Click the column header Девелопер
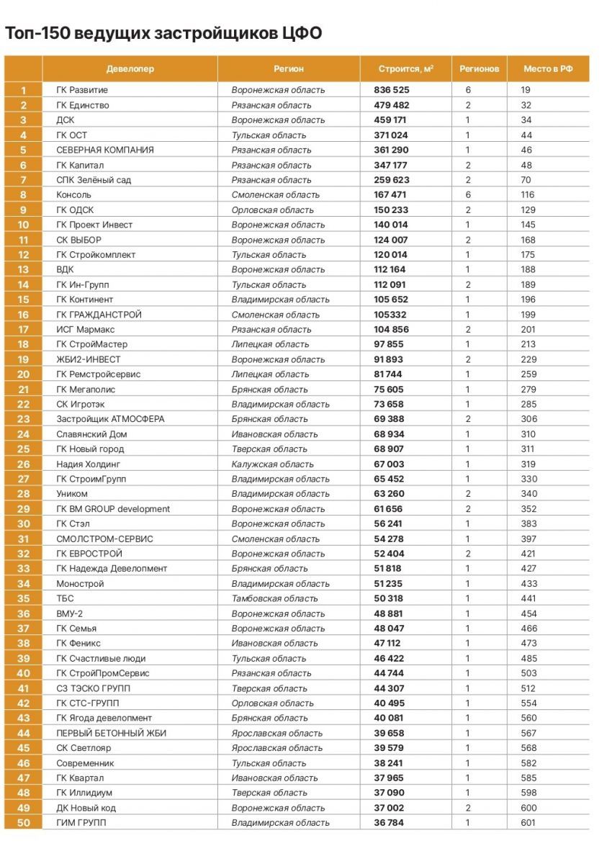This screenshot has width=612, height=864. pos(130,69)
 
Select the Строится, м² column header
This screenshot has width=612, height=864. pos(406,69)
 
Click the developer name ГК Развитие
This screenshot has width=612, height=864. pos(82,90)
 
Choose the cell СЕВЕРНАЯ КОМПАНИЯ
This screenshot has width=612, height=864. pos(105,150)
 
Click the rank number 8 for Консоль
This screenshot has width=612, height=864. pos(24,194)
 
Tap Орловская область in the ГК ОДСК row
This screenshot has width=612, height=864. pos(273,210)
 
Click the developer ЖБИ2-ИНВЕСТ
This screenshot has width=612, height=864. pos(89,359)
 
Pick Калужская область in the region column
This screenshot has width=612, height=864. pos(272,464)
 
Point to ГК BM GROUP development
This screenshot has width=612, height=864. pos(113,508)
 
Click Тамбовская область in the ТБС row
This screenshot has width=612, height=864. pos(274,598)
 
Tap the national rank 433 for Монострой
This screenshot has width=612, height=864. pos(530,583)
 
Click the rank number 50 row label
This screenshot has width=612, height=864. pos(24,822)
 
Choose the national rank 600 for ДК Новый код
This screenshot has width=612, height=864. pos(530,808)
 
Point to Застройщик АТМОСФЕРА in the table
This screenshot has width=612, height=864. pos(110,419)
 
